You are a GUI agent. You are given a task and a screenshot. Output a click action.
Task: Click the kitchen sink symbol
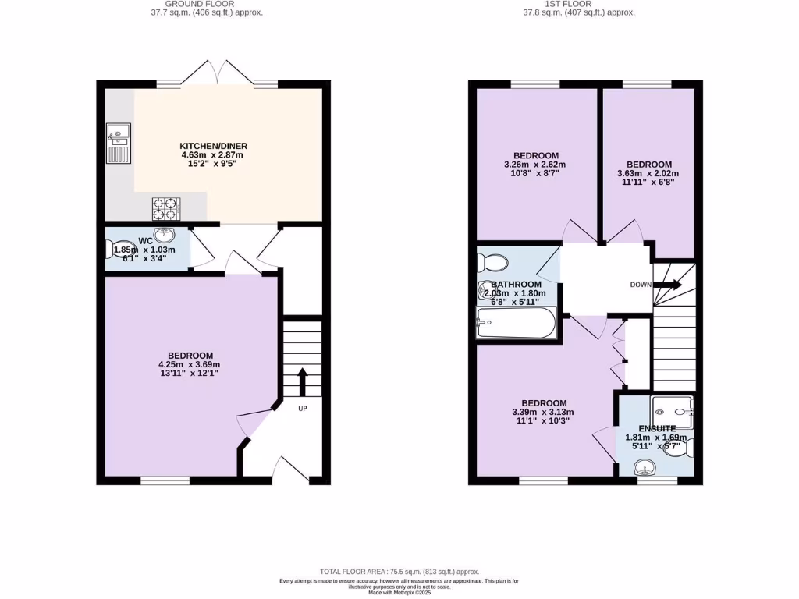(119, 144)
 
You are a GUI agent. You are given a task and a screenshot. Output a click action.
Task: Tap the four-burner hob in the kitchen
(165, 208)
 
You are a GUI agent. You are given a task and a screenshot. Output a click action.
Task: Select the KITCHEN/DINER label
(213, 146)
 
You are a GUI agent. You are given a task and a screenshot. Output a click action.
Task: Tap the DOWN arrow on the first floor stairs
(667, 285)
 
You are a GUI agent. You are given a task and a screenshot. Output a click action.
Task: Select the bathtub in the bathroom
(516, 323)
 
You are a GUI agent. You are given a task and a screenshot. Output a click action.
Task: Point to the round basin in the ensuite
(645, 468)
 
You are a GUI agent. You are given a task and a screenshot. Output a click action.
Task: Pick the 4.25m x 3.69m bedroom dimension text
(191, 364)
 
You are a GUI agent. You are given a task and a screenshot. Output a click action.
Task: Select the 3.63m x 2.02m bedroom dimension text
(648, 174)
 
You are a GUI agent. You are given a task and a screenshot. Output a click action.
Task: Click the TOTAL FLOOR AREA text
(399, 572)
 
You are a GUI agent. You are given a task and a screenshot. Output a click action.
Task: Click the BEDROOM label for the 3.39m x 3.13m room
(544, 403)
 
